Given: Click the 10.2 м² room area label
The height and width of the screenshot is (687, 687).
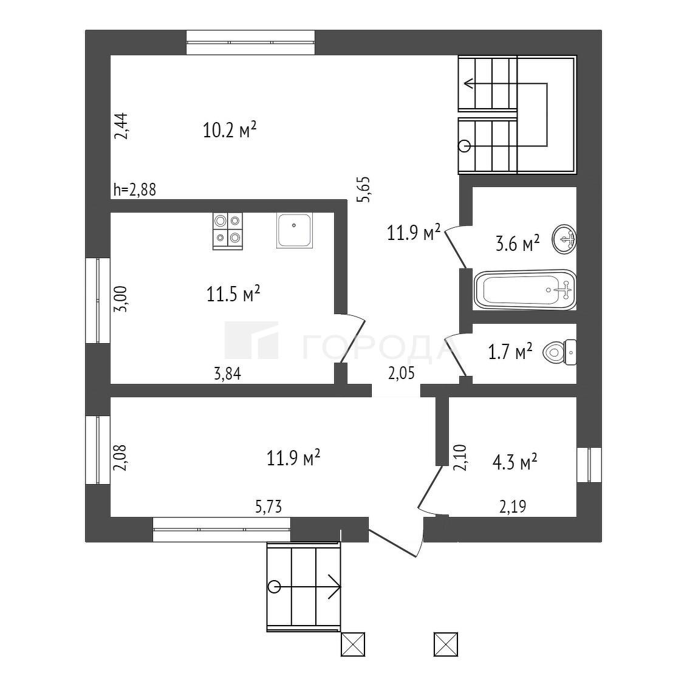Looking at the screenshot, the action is pos(229,130).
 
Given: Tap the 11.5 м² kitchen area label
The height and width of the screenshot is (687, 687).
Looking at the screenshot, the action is pos(233,293).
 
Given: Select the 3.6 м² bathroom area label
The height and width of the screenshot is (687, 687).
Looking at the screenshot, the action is pos(518,243).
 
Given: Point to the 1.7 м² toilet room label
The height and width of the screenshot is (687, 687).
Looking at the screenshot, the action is pos(510,351).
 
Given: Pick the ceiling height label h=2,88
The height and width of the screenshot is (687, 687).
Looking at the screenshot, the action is pos(134,190).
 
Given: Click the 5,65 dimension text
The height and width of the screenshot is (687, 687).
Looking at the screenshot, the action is pos(364,189).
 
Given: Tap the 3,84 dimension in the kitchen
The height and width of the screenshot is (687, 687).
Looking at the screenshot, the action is pos(227,374).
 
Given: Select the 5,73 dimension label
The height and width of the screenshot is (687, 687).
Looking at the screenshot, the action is pos(268,507).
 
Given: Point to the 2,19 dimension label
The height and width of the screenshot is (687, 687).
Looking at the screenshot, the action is pos(513,507).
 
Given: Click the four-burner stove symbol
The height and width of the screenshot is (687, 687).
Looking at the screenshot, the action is pos(228,231).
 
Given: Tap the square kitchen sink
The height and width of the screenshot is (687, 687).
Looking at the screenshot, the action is pos(295,230).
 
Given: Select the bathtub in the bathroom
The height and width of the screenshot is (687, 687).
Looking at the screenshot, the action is pos(525,290).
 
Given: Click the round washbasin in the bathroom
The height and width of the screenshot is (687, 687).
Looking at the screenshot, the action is pos(564,239).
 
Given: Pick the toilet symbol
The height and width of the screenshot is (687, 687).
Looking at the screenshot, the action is pos(559,352).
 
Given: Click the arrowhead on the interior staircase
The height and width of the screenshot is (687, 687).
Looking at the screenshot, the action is pos(469,83).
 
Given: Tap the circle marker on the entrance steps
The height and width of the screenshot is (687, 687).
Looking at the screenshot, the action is pos(275,586).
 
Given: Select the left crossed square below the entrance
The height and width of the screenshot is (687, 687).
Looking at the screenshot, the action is pos(353,644).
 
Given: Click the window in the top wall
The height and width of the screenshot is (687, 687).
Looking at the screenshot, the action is pos(251,43).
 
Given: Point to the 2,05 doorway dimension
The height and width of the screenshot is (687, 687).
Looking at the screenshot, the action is pos(402,374).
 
